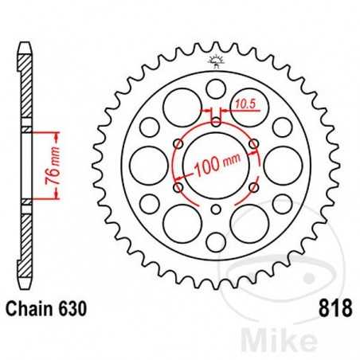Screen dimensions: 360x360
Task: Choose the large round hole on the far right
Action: pos(282,165)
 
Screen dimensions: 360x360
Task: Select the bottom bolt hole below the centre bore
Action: pos(216,209)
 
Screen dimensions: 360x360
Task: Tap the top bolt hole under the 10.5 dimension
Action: pos(216,121)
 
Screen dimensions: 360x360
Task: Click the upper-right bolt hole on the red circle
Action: pos(254,143)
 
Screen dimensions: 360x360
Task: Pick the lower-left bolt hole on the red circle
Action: pos(178,187)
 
